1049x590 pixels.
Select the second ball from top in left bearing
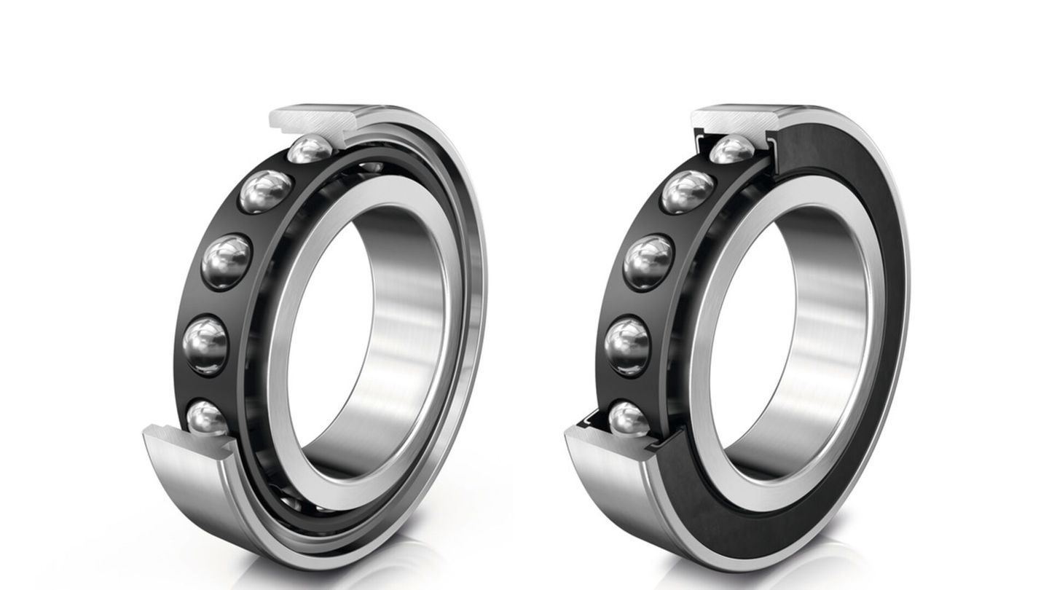266,191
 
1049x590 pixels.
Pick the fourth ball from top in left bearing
206,340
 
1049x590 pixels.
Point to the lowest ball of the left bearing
208,419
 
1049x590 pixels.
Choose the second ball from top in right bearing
687,191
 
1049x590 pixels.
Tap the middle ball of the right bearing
648,261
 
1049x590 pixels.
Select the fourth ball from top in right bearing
628,340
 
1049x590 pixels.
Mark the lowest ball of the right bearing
629,419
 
